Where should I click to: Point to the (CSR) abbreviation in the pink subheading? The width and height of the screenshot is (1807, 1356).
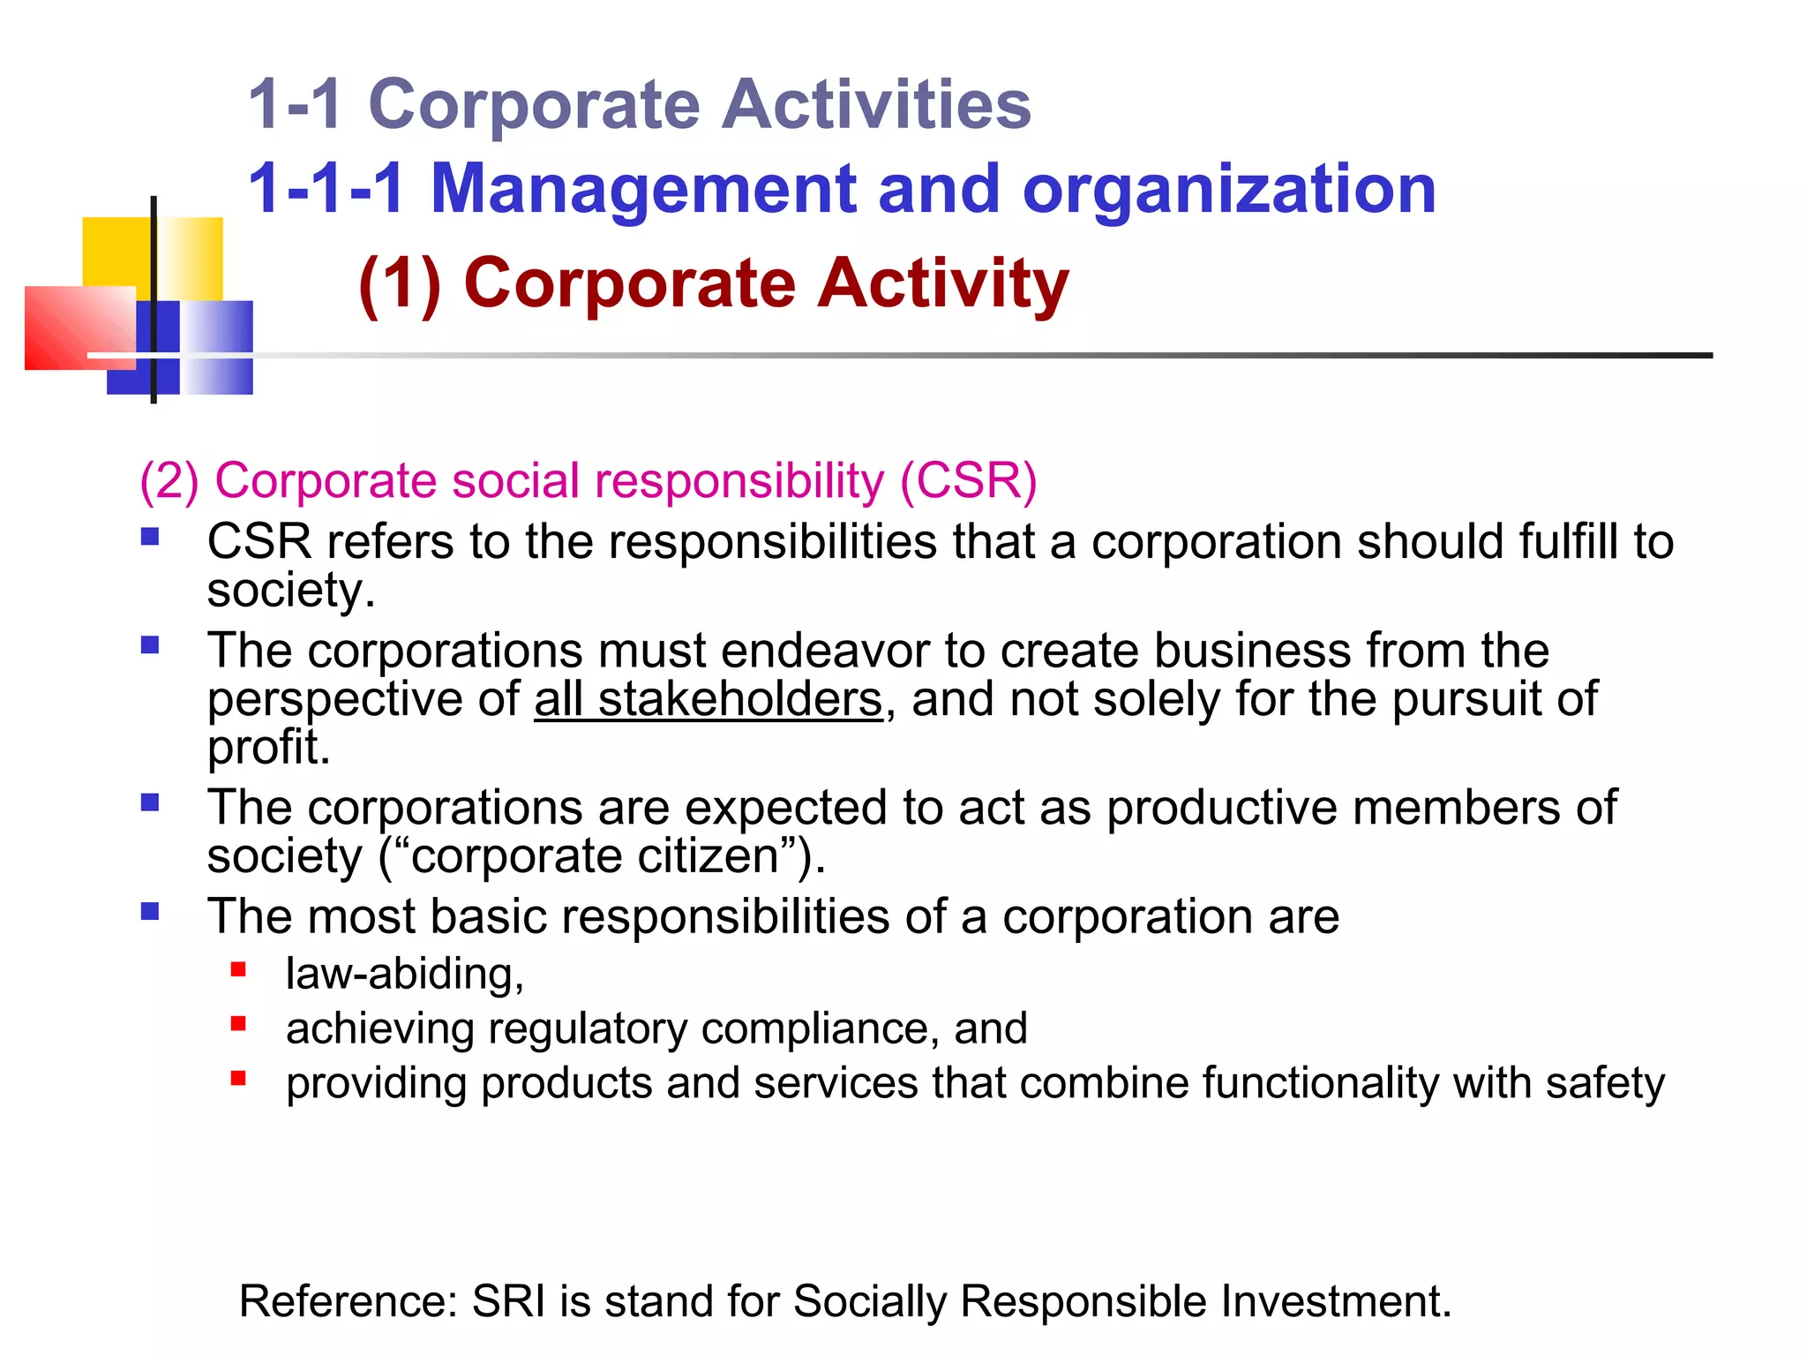(968, 481)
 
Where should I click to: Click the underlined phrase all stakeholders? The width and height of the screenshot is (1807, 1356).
(708, 699)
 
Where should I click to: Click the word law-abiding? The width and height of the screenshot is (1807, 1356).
(405, 975)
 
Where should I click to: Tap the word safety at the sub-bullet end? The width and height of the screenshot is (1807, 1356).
(1605, 1083)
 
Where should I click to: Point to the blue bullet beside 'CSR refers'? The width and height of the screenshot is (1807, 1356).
(150, 536)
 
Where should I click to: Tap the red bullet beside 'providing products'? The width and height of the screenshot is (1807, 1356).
(238, 1078)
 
